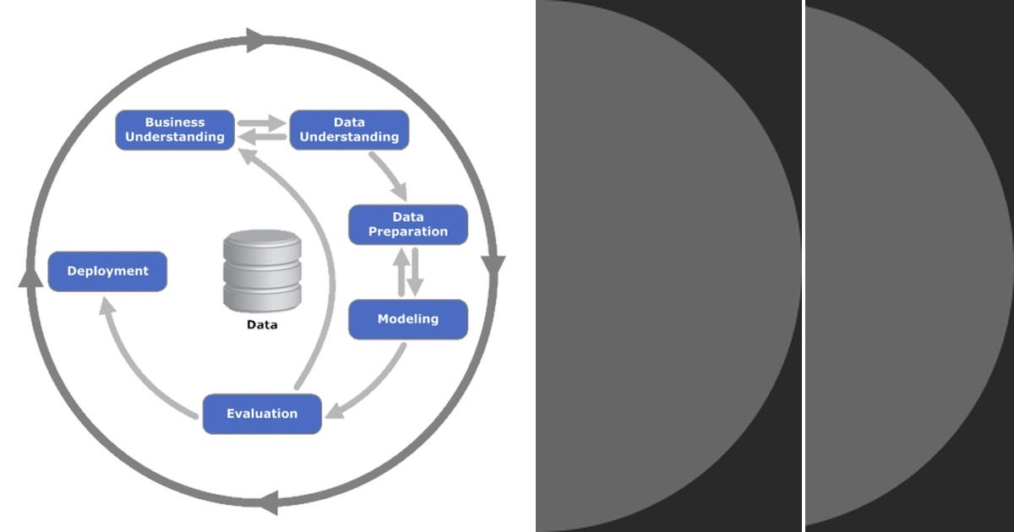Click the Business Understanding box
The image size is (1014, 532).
(x=174, y=130)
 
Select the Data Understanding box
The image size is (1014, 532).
(x=349, y=130)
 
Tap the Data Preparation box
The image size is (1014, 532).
(x=408, y=225)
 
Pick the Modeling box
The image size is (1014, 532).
(x=408, y=319)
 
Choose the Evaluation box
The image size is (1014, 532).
(x=262, y=414)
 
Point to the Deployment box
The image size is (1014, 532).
(x=107, y=271)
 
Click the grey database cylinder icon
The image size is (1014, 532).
(x=262, y=271)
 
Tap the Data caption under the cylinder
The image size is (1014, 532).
(x=261, y=324)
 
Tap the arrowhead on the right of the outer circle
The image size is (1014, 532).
(x=493, y=265)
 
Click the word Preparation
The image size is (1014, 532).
(x=408, y=231)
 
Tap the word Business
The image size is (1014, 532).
(x=175, y=122)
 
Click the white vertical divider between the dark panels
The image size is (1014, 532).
(x=803, y=266)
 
